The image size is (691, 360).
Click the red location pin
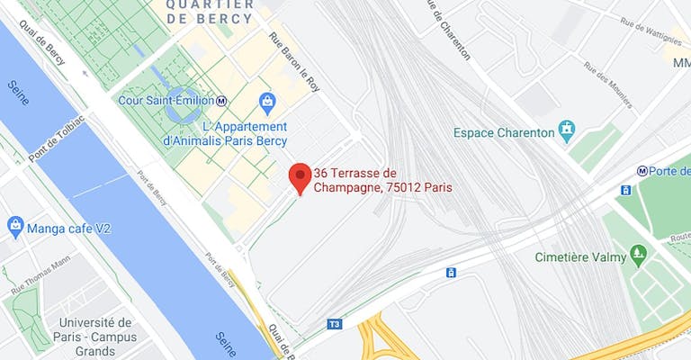coord(300,176)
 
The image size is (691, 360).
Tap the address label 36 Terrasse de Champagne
coord(381,180)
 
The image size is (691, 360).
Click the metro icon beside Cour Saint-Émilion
coord(221,100)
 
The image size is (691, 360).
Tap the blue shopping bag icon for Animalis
coord(266,102)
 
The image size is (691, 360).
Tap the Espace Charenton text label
coord(504,132)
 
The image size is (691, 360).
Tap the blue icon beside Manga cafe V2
coord(15,225)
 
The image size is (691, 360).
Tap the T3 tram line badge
coord(335,323)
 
